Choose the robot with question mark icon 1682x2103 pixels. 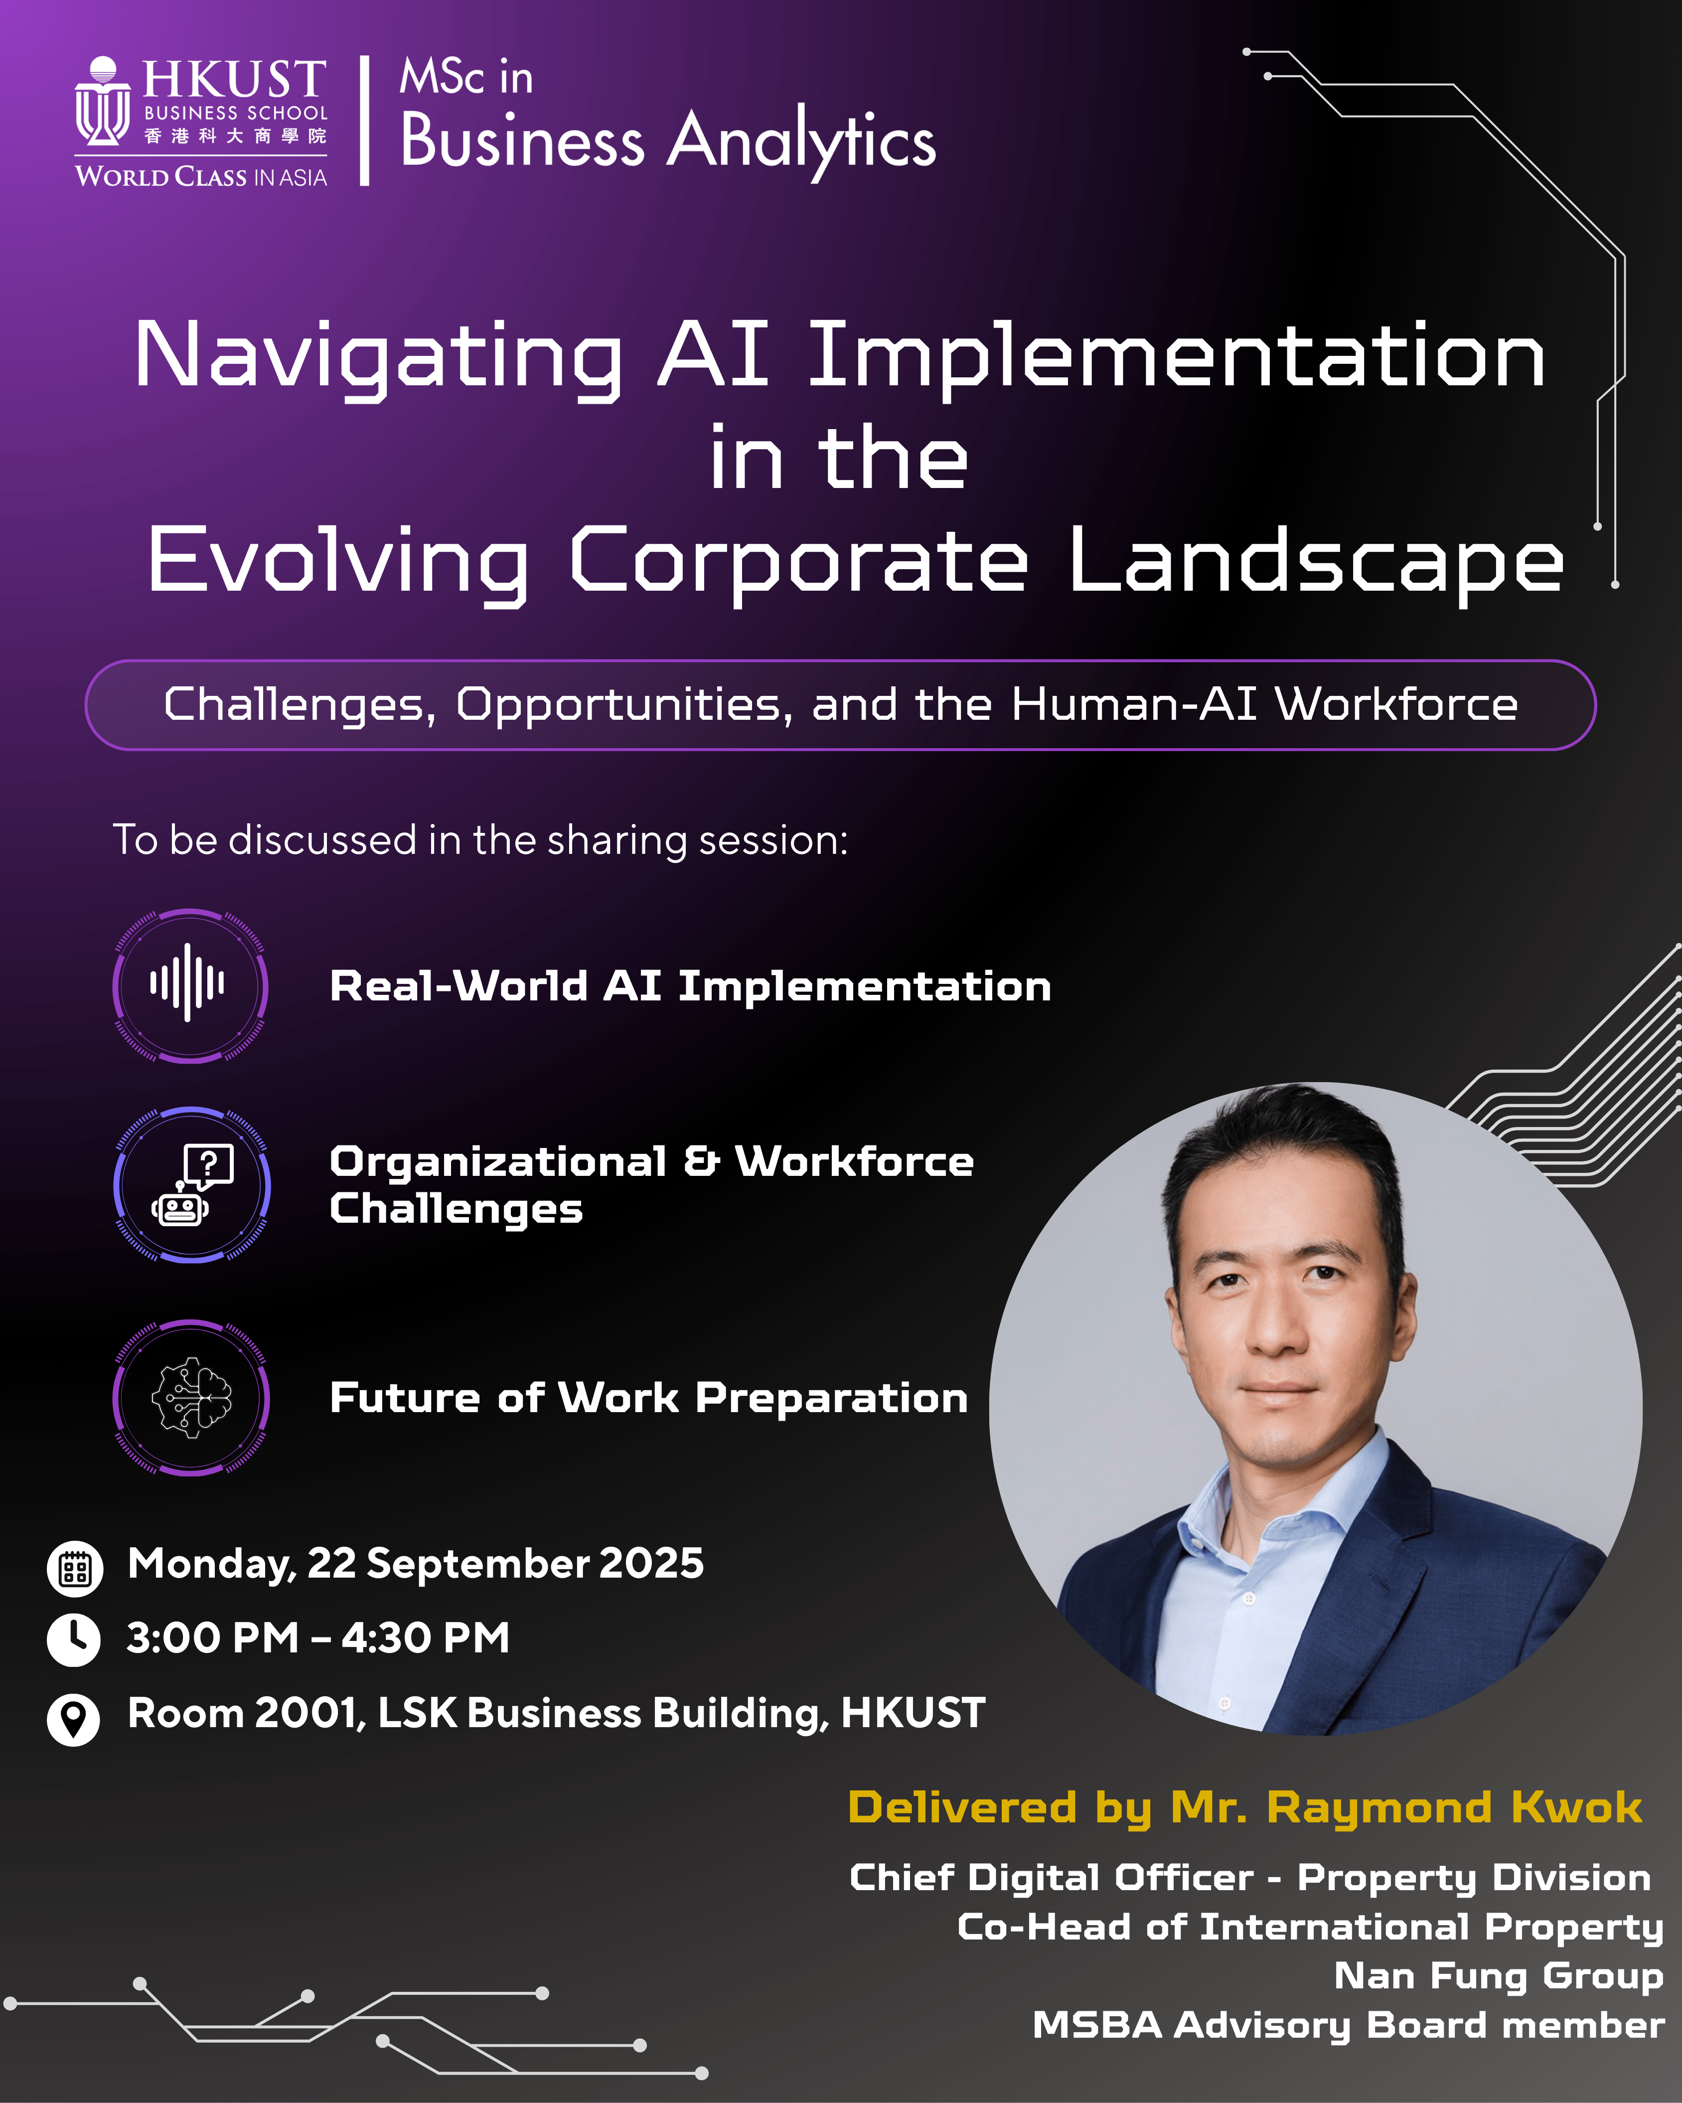tap(192, 1185)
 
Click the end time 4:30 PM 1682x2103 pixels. tap(425, 1639)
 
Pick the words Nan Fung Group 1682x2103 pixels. tap(1499, 1975)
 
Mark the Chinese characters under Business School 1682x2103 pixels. tap(235, 136)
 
